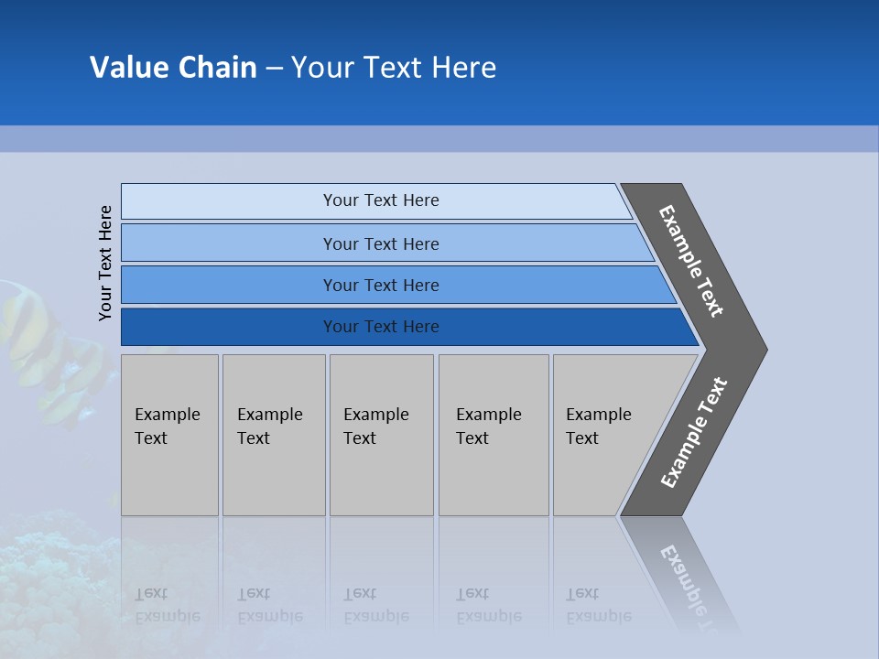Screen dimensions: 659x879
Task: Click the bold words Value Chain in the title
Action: click(173, 68)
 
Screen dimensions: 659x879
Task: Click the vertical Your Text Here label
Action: click(105, 263)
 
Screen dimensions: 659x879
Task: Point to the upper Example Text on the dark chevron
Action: click(691, 261)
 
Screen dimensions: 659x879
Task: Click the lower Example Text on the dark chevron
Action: click(693, 433)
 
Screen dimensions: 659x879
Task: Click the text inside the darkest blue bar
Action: click(381, 327)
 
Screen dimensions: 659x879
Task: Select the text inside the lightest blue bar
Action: click(381, 200)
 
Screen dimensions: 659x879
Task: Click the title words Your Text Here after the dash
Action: click(394, 68)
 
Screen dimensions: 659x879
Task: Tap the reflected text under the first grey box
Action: click(167, 605)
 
